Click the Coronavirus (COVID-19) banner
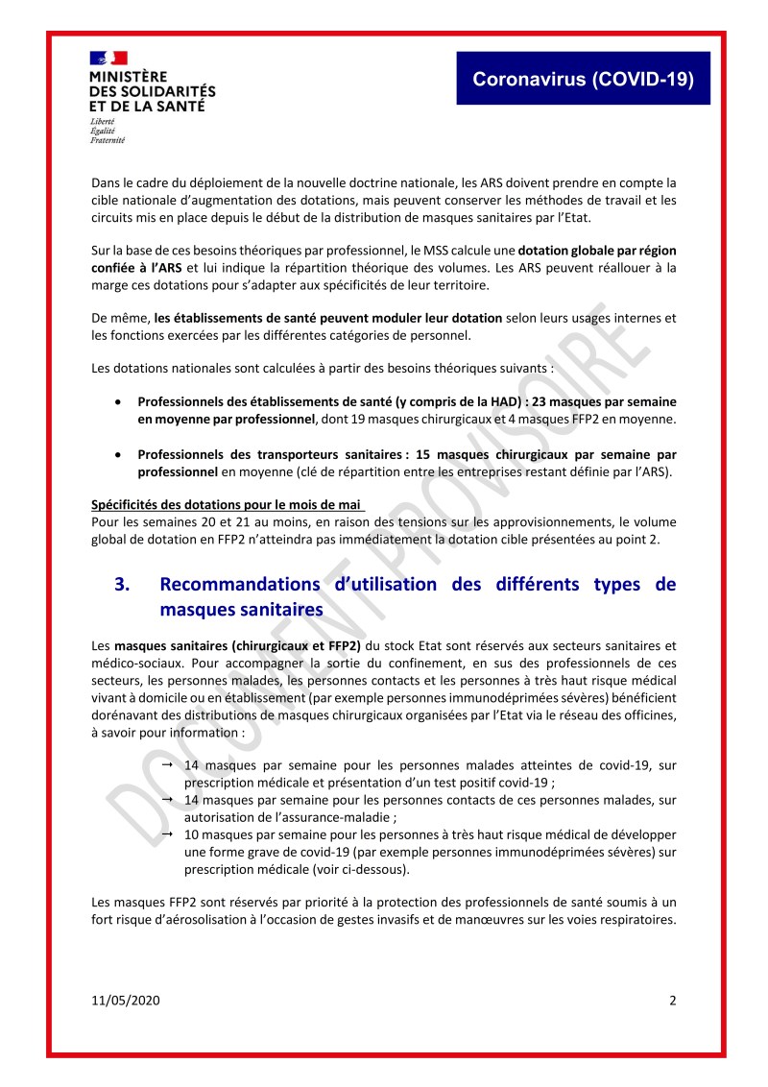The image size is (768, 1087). [x=583, y=80]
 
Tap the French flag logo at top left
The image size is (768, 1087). [x=108, y=58]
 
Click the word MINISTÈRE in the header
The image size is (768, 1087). [x=129, y=76]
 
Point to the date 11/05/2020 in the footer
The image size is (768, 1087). [x=125, y=1001]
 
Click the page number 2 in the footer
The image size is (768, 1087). [x=672, y=1001]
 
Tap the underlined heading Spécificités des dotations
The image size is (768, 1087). [x=228, y=505]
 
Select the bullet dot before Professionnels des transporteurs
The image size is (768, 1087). [x=118, y=453]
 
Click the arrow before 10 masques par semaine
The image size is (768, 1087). [x=167, y=833]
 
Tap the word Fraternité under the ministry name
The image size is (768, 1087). [x=107, y=139]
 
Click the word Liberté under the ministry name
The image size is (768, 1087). [x=102, y=122]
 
